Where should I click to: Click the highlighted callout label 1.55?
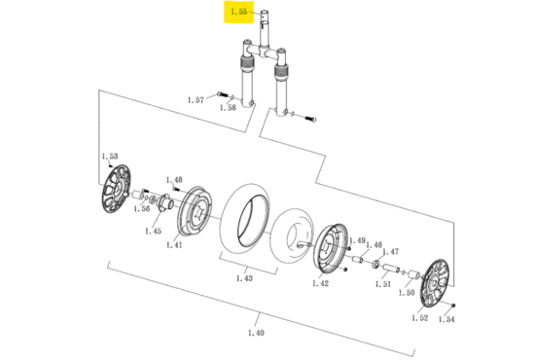pyautogui.click(x=239, y=12)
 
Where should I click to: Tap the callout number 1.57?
pyautogui.click(x=196, y=100)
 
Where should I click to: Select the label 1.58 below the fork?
pyautogui.click(x=228, y=108)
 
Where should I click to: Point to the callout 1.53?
pyautogui.click(x=110, y=157)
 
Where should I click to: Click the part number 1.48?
pyautogui.click(x=174, y=179)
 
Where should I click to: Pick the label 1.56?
pyautogui.click(x=142, y=208)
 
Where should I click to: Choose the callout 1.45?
pyautogui.click(x=153, y=231)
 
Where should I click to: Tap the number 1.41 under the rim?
pyautogui.click(x=174, y=245)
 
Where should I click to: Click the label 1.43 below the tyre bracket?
pyautogui.click(x=244, y=278)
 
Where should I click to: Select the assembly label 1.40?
pyautogui.click(x=256, y=333)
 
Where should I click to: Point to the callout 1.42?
pyautogui.click(x=320, y=283)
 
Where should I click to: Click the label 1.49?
pyautogui.click(x=358, y=240)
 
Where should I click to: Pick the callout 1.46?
pyautogui.click(x=374, y=244)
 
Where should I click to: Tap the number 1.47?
pyautogui.click(x=391, y=252)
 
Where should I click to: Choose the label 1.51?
pyautogui.click(x=383, y=284)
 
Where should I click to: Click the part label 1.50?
pyautogui.click(x=407, y=293)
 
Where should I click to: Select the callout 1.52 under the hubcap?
pyautogui.click(x=419, y=318)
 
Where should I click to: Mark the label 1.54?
pyautogui.click(x=446, y=319)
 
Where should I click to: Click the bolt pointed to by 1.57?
pyautogui.click(x=222, y=93)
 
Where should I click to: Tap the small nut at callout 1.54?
pyautogui.click(x=452, y=306)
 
